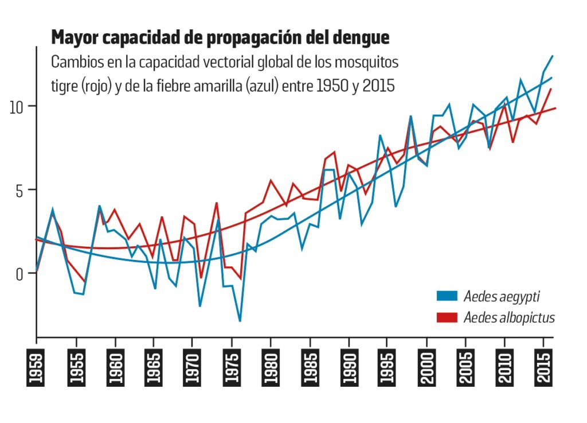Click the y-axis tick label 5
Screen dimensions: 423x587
(x=21, y=190)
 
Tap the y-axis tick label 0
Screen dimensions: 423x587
(x=21, y=273)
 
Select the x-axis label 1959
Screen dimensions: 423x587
(x=37, y=366)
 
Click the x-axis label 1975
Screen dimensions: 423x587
(x=231, y=366)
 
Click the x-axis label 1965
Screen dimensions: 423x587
(x=153, y=366)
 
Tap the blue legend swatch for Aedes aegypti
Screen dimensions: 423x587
(x=447, y=296)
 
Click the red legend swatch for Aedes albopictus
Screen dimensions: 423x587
(x=447, y=317)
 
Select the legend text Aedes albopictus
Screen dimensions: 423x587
(x=509, y=317)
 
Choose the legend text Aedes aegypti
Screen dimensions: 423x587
(x=502, y=296)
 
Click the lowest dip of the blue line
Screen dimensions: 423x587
(x=240, y=321)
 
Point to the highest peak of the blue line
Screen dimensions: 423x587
(x=552, y=56)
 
